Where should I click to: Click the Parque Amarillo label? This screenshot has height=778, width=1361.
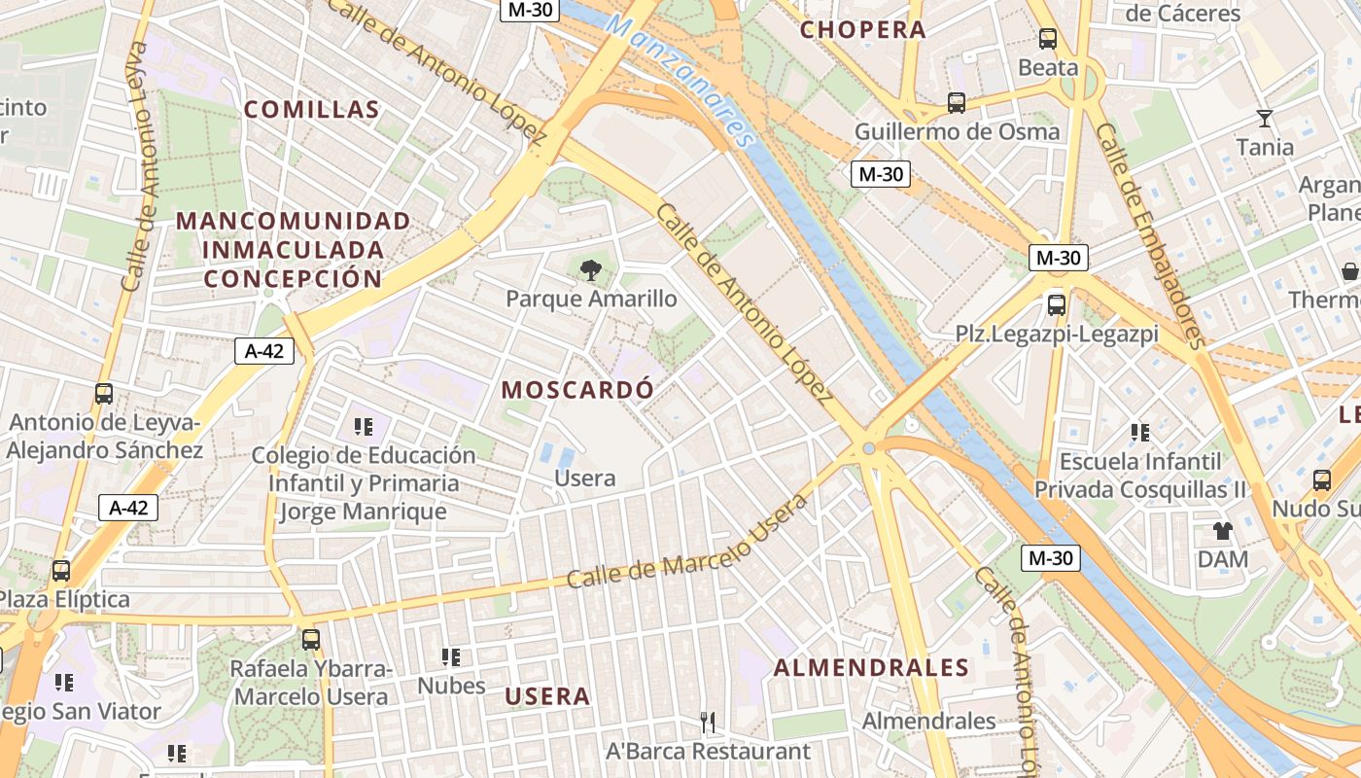pos(591,299)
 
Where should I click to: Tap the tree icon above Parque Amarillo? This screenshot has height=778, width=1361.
pos(590,270)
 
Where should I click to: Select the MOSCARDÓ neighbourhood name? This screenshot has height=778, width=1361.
pos(577,390)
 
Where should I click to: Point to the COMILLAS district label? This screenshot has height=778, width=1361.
pos(311,109)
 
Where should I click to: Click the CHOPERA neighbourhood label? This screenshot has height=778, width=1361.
pos(862,29)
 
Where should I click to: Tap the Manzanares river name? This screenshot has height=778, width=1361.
pos(680,74)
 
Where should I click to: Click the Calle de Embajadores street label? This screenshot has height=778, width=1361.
pos(1150,234)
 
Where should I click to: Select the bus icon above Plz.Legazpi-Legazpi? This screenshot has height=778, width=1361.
pos(1057,304)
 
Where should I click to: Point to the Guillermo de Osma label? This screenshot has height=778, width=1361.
pos(957,131)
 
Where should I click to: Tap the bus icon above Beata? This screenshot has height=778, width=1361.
pos(1048,39)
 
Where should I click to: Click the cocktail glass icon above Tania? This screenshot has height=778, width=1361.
pos(1264,119)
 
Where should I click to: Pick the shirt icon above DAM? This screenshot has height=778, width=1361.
pos(1222,531)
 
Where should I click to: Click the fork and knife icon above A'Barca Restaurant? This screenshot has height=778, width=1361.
pos(708,722)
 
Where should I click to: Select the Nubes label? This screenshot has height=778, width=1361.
pos(451,686)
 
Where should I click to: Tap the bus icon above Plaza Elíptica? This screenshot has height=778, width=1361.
pos(61,571)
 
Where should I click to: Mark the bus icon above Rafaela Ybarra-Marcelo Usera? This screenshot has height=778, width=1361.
pos(311,640)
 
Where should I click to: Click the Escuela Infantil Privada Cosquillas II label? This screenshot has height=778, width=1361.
pos(1139,475)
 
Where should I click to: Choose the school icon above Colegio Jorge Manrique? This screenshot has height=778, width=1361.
pos(364,426)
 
